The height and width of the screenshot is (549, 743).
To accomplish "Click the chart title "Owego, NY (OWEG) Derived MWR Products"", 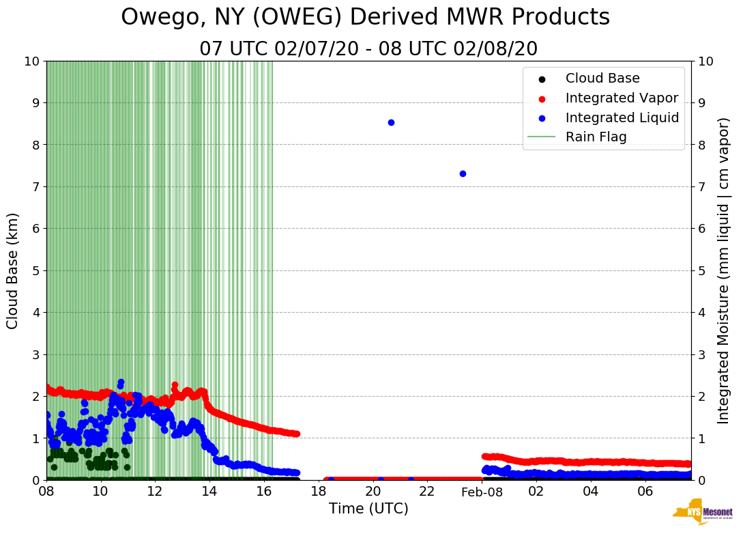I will [x=365, y=18].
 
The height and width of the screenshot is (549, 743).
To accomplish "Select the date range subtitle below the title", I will [x=368, y=49].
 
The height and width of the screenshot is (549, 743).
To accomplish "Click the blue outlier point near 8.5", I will [x=391, y=122].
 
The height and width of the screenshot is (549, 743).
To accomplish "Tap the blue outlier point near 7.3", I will [x=463, y=173].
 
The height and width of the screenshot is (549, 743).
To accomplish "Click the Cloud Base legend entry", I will [x=602, y=79].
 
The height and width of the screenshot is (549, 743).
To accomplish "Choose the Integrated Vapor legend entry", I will [x=622, y=98].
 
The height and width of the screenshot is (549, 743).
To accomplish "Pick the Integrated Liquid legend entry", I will [x=622, y=117].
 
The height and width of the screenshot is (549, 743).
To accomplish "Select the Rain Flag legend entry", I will [x=596, y=137].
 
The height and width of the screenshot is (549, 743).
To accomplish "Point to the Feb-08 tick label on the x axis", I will [x=482, y=492].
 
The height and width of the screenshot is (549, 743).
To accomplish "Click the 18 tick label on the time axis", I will [x=319, y=492].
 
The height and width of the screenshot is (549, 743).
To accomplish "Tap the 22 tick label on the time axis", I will [x=427, y=492].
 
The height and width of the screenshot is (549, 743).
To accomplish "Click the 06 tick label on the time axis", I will [x=645, y=492].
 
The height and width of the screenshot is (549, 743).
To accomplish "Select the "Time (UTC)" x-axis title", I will [x=368, y=509].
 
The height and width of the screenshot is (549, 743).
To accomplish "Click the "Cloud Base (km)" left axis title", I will [x=13, y=270].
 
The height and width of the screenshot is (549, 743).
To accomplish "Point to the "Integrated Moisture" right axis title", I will [x=724, y=270].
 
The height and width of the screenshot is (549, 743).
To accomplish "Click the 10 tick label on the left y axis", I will [x=32, y=61].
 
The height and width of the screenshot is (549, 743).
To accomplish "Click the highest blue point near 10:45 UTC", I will [x=121, y=382].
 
